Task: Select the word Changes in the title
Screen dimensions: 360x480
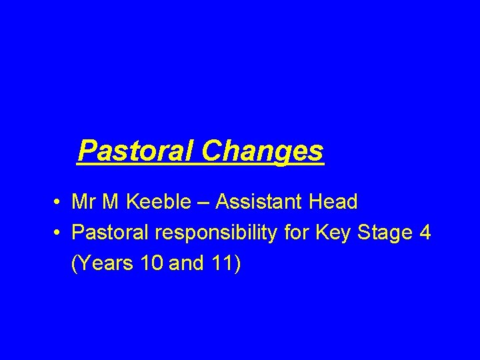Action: click(263, 151)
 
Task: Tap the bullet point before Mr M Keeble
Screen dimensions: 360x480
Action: click(59, 201)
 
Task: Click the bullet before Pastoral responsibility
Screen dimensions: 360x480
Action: click(59, 233)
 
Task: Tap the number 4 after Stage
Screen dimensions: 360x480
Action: click(425, 233)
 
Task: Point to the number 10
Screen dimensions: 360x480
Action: click(152, 265)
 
